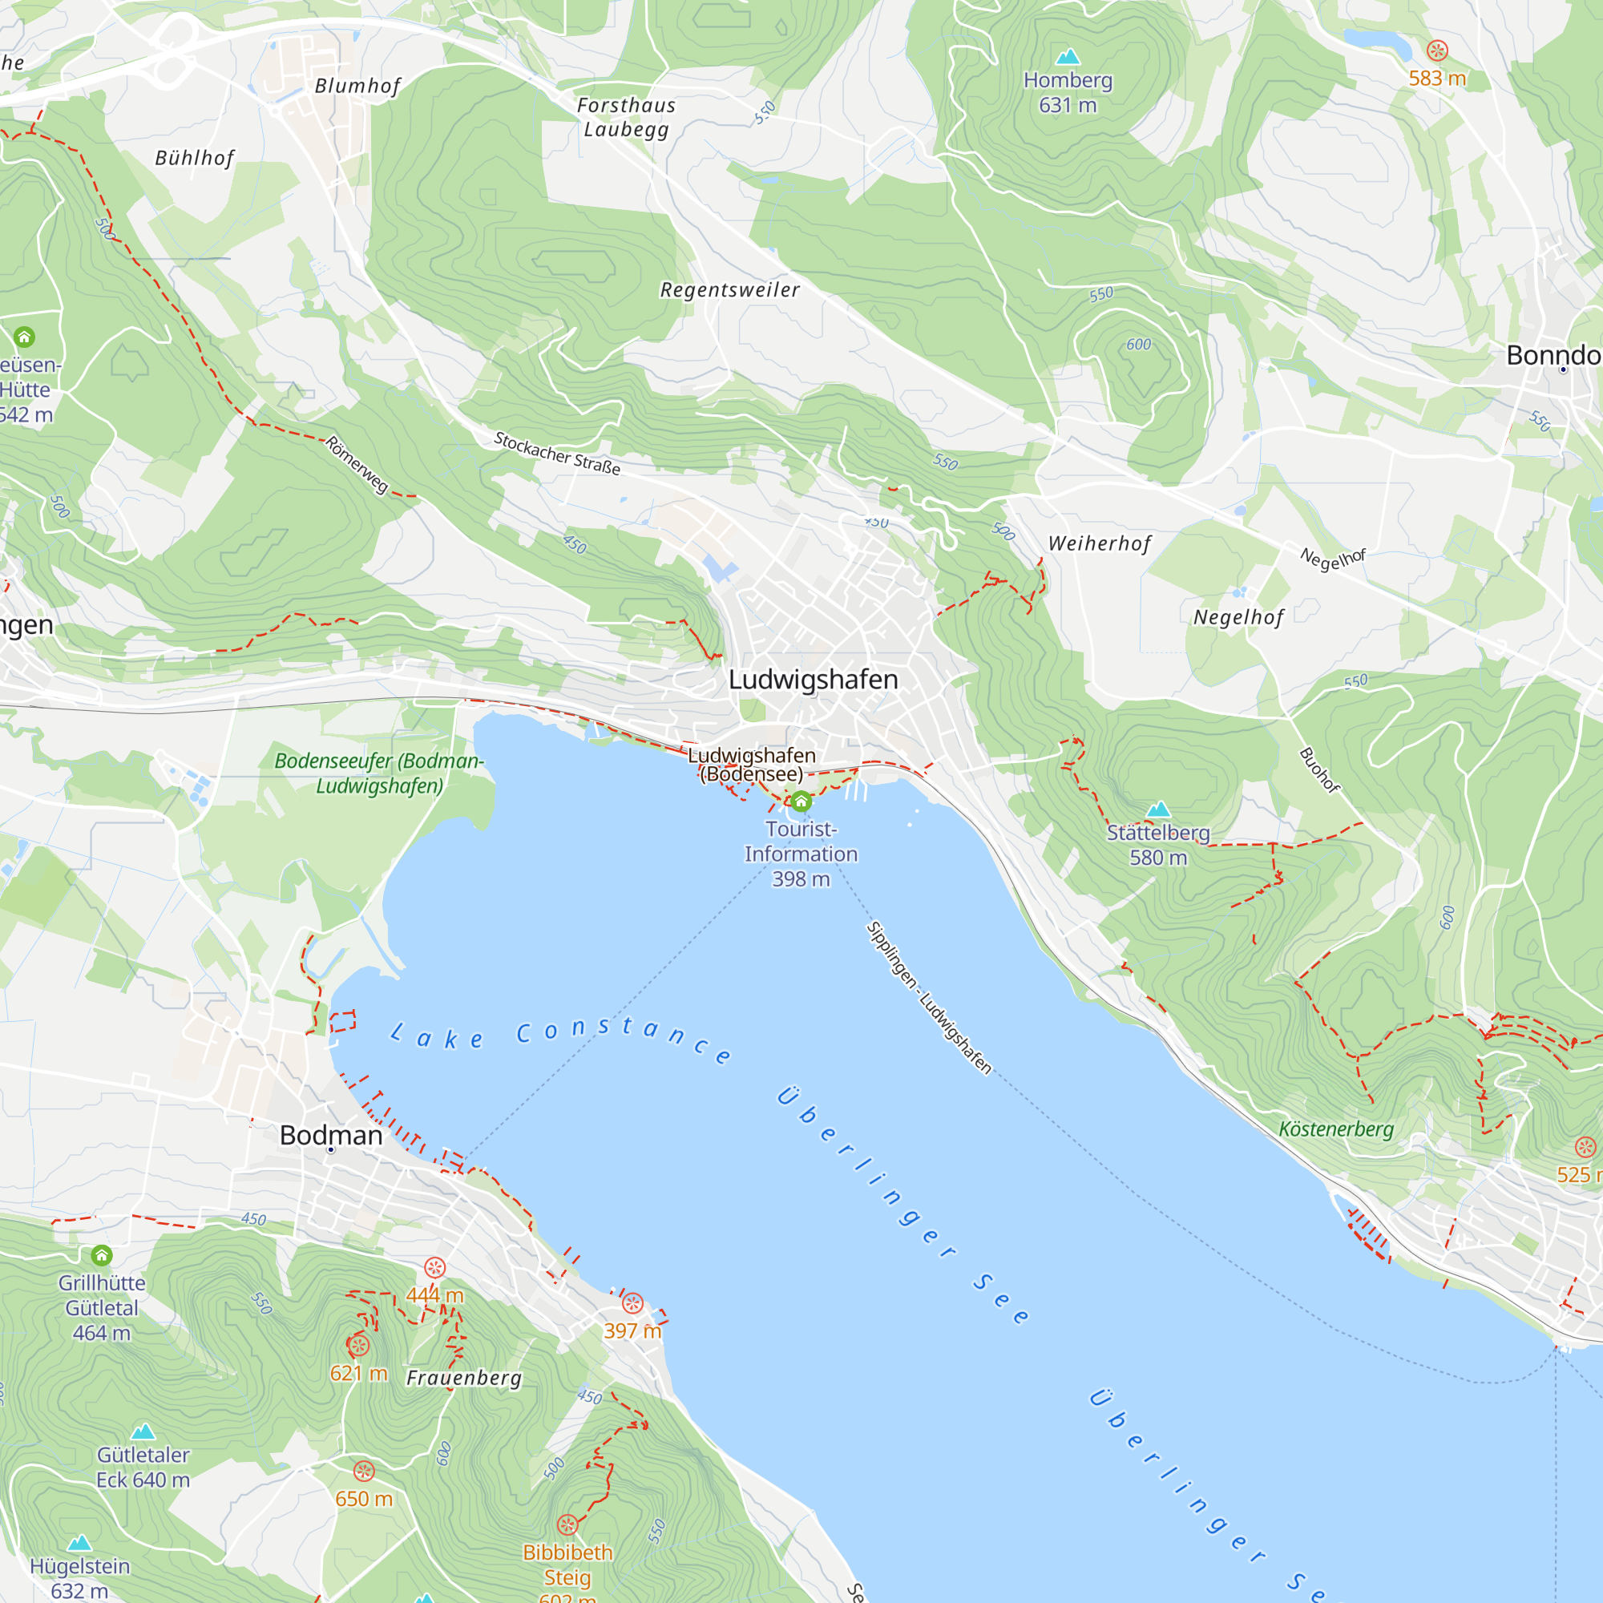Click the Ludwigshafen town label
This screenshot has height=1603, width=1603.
pyautogui.click(x=812, y=680)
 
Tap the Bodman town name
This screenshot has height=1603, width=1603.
pyautogui.click(x=330, y=1135)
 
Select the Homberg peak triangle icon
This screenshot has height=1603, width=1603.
pyautogui.click(x=1067, y=56)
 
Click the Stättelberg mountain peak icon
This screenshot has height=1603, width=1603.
pyautogui.click(x=1157, y=809)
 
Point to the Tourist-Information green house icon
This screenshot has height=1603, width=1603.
pyautogui.click(x=801, y=801)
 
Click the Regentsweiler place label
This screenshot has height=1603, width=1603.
pyautogui.click(x=729, y=289)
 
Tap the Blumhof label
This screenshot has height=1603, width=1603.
pyautogui.click(x=357, y=86)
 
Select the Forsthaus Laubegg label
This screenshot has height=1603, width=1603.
pyautogui.click(x=626, y=117)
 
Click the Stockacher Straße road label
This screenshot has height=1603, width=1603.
pyautogui.click(x=557, y=453)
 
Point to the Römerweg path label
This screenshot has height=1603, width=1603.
pyautogui.click(x=357, y=465)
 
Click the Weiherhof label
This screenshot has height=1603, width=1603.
pyautogui.click(x=1100, y=543)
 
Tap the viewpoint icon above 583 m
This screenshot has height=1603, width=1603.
pyautogui.click(x=1437, y=50)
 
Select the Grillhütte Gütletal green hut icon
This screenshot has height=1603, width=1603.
pyautogui.click(x=101, y=1254)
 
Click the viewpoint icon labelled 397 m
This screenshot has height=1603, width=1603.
pyautogui.click(x=632, y=1302)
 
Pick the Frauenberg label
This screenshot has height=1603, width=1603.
pyautogui.click(x=464, y=1378)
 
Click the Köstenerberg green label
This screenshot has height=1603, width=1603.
pyautogui.click(x=1335, y=1129)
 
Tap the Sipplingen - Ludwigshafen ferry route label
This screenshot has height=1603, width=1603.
pyautogui.click(x=928, y=998)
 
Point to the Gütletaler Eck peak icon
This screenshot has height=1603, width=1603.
pyautogui.click(x=143, y=1431)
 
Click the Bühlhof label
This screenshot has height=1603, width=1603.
pyautogui.click(x=194, y=158)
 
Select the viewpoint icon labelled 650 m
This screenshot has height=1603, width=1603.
pyautogui.click(x=363, y=1471)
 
